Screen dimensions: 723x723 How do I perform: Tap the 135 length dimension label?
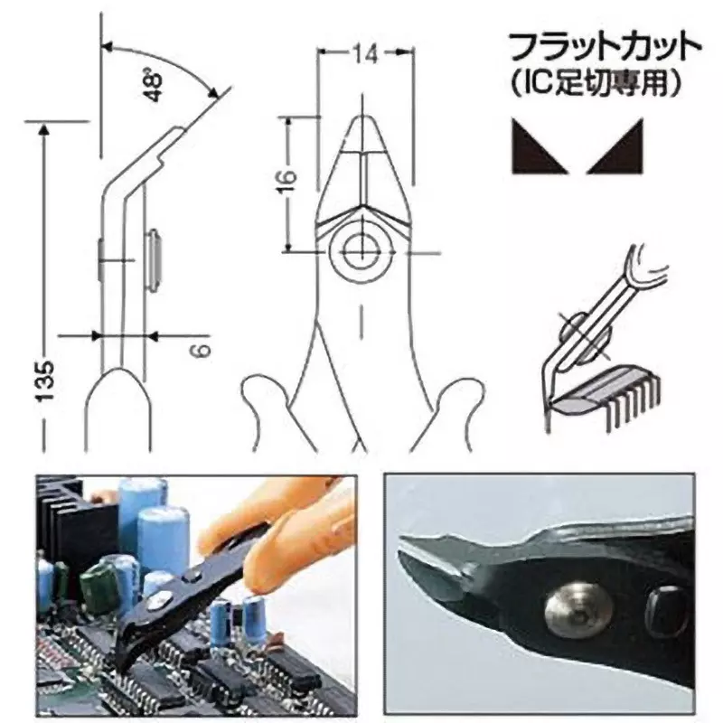(x=46, y=381)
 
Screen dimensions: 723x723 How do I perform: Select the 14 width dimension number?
(x=366, y=54)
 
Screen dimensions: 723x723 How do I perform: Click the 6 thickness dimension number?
(x=202, y=350)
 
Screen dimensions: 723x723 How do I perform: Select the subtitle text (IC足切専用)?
(x=596, y=83)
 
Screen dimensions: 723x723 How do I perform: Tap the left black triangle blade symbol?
(x=540, y=146)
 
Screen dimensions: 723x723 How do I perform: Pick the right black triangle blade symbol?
(x=615, y=146)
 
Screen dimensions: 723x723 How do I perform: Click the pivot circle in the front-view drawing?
(x=363, y=252)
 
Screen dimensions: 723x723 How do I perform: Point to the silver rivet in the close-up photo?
(x=578, y=610)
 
